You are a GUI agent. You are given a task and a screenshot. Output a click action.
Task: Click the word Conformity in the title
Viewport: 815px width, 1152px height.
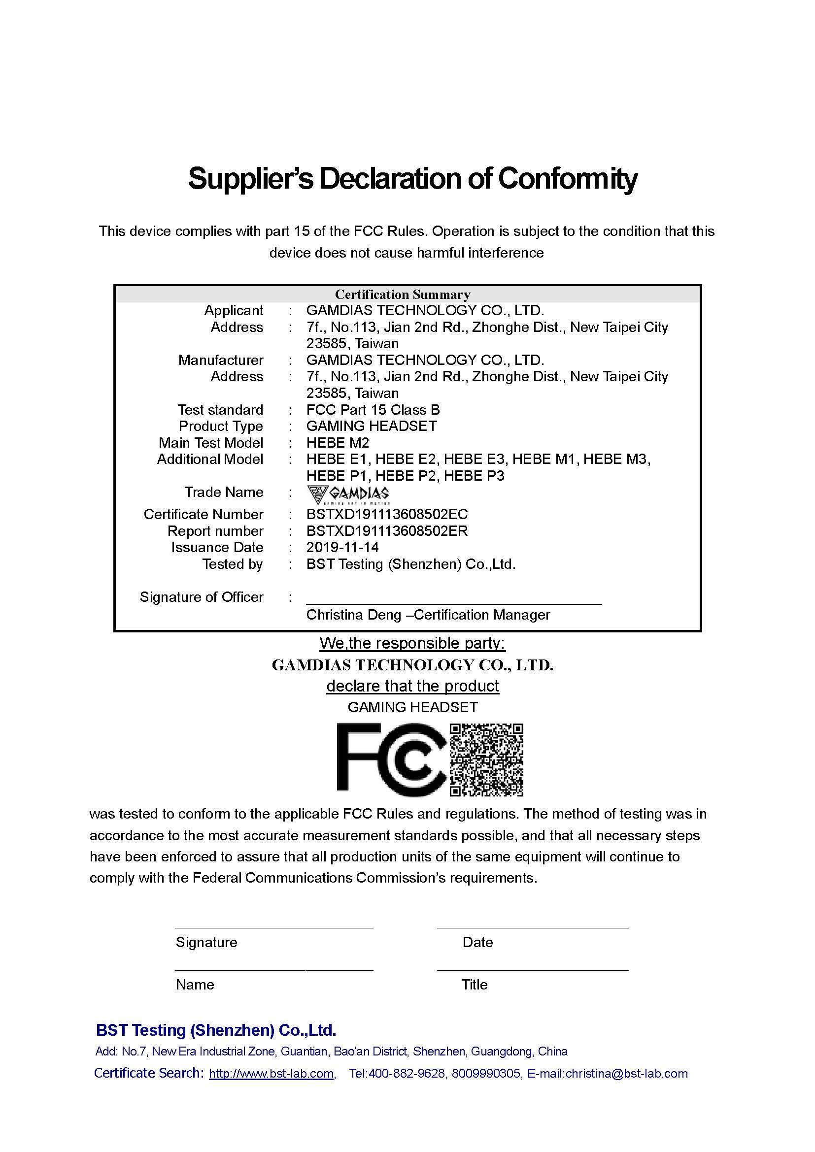click(567, 179)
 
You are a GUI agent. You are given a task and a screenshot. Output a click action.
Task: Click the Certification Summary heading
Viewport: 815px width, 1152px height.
click(403, 295)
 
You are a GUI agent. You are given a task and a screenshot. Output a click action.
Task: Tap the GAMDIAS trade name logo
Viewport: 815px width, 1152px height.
click(348, 494)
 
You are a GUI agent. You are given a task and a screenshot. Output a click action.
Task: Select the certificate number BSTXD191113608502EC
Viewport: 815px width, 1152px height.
click(387, 514)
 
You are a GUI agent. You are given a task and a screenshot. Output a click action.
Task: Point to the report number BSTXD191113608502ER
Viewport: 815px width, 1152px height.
click(387, 531)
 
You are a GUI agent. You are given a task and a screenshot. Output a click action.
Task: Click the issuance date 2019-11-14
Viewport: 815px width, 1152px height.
click(342, 547)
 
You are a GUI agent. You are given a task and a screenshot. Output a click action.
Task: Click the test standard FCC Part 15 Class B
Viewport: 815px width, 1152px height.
click(373, 410)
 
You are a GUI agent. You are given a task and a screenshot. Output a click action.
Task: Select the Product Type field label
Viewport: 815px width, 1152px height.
click(221, 427)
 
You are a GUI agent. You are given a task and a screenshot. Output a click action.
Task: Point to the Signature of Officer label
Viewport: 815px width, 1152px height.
click(201, 597)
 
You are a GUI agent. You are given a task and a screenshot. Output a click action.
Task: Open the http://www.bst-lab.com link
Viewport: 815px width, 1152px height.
click(272, 1074)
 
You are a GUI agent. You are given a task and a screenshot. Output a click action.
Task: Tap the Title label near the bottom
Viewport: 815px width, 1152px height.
click(474, 985)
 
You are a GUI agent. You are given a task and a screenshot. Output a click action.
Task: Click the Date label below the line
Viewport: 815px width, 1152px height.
click(478, 942)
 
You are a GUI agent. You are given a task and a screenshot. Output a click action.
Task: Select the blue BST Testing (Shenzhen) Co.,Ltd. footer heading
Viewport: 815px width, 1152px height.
click(216, 1030)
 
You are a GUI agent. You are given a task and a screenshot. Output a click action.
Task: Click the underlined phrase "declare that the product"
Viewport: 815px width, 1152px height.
click(412, 686)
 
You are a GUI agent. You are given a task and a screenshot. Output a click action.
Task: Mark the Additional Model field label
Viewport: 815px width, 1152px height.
click(210, 460)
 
